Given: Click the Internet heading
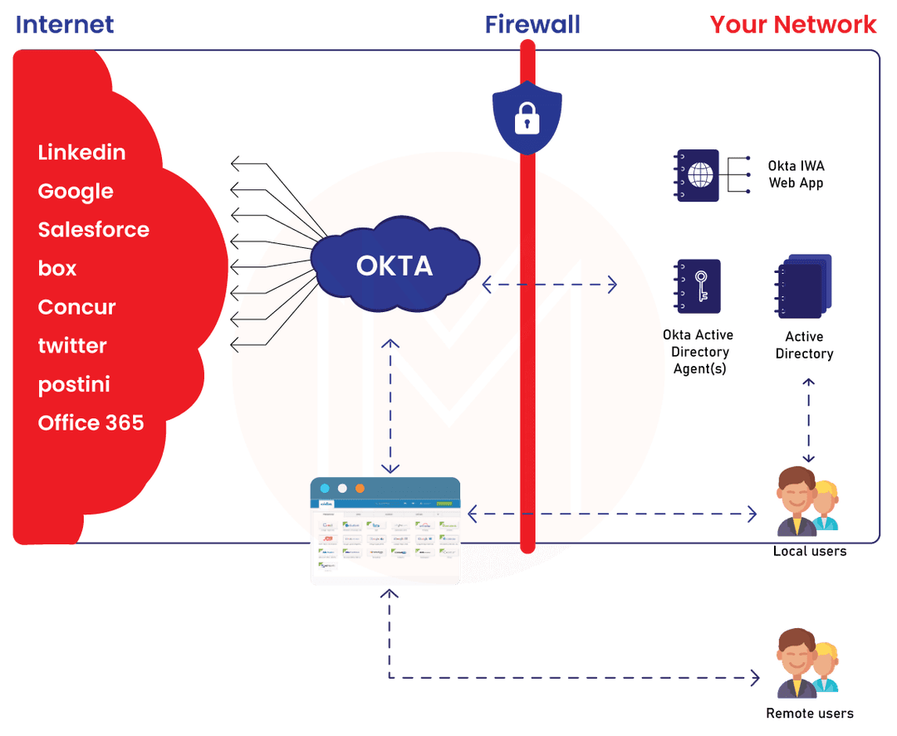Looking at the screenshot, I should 65,24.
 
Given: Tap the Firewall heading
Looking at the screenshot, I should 532,24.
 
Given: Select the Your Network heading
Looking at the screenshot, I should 793,24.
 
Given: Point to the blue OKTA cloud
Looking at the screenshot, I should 395,265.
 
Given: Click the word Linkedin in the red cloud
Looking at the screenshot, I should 81,153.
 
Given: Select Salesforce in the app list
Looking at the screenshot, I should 94,230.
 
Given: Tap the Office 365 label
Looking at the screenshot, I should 91,423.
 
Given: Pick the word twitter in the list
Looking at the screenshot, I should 72,345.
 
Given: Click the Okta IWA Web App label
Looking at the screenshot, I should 796,174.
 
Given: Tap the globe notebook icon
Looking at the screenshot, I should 698,175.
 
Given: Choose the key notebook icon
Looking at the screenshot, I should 698,286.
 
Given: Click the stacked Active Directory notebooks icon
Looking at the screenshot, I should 803,287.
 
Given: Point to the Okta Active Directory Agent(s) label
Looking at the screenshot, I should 698,352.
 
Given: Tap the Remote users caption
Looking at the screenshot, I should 809,713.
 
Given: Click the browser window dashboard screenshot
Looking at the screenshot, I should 385,531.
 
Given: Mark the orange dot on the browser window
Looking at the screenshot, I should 360,488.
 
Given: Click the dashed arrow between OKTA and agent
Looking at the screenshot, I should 549,285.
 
